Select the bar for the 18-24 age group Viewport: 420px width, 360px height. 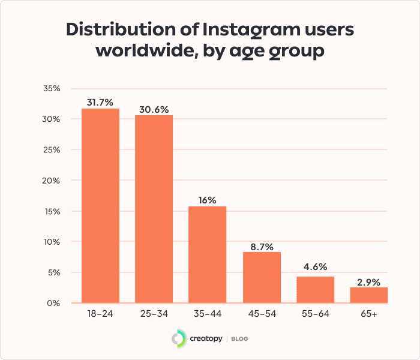click(100, 206)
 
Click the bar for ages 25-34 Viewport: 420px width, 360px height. click(154, 209)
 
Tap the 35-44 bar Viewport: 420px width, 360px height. click(208, 254)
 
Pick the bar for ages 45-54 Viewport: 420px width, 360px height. click(262, 277)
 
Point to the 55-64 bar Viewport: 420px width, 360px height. click(315, 290)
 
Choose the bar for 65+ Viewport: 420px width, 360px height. click(369, 295)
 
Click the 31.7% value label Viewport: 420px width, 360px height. click(100, 103)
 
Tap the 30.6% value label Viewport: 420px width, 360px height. click(154, 109)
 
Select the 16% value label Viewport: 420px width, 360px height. click(208, 200)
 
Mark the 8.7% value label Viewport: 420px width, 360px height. click(262, 245)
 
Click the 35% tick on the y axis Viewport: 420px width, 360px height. click(52, 88)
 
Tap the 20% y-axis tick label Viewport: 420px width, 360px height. click(52, 181)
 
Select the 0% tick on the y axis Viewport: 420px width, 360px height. click(55, 303)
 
